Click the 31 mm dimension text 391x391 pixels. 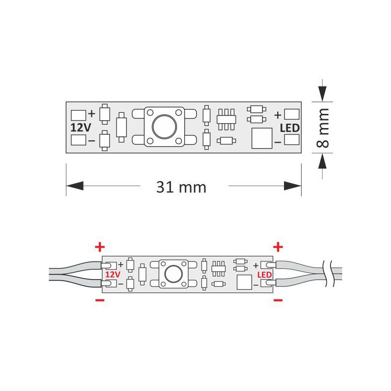[181, 187]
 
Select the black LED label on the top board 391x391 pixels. [290, 128]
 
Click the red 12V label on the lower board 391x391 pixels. [112, 275]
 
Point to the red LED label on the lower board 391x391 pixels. [264, 275]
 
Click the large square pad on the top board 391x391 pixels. [261, 138]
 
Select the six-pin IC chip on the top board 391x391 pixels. [226, 118]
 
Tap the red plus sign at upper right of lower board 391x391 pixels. [278, 246]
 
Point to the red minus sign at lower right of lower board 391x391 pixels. [278, 299]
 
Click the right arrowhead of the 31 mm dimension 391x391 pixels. [292, 186]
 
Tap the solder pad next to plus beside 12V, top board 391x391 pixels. [78, 115]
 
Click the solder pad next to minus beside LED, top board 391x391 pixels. [292, 140]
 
